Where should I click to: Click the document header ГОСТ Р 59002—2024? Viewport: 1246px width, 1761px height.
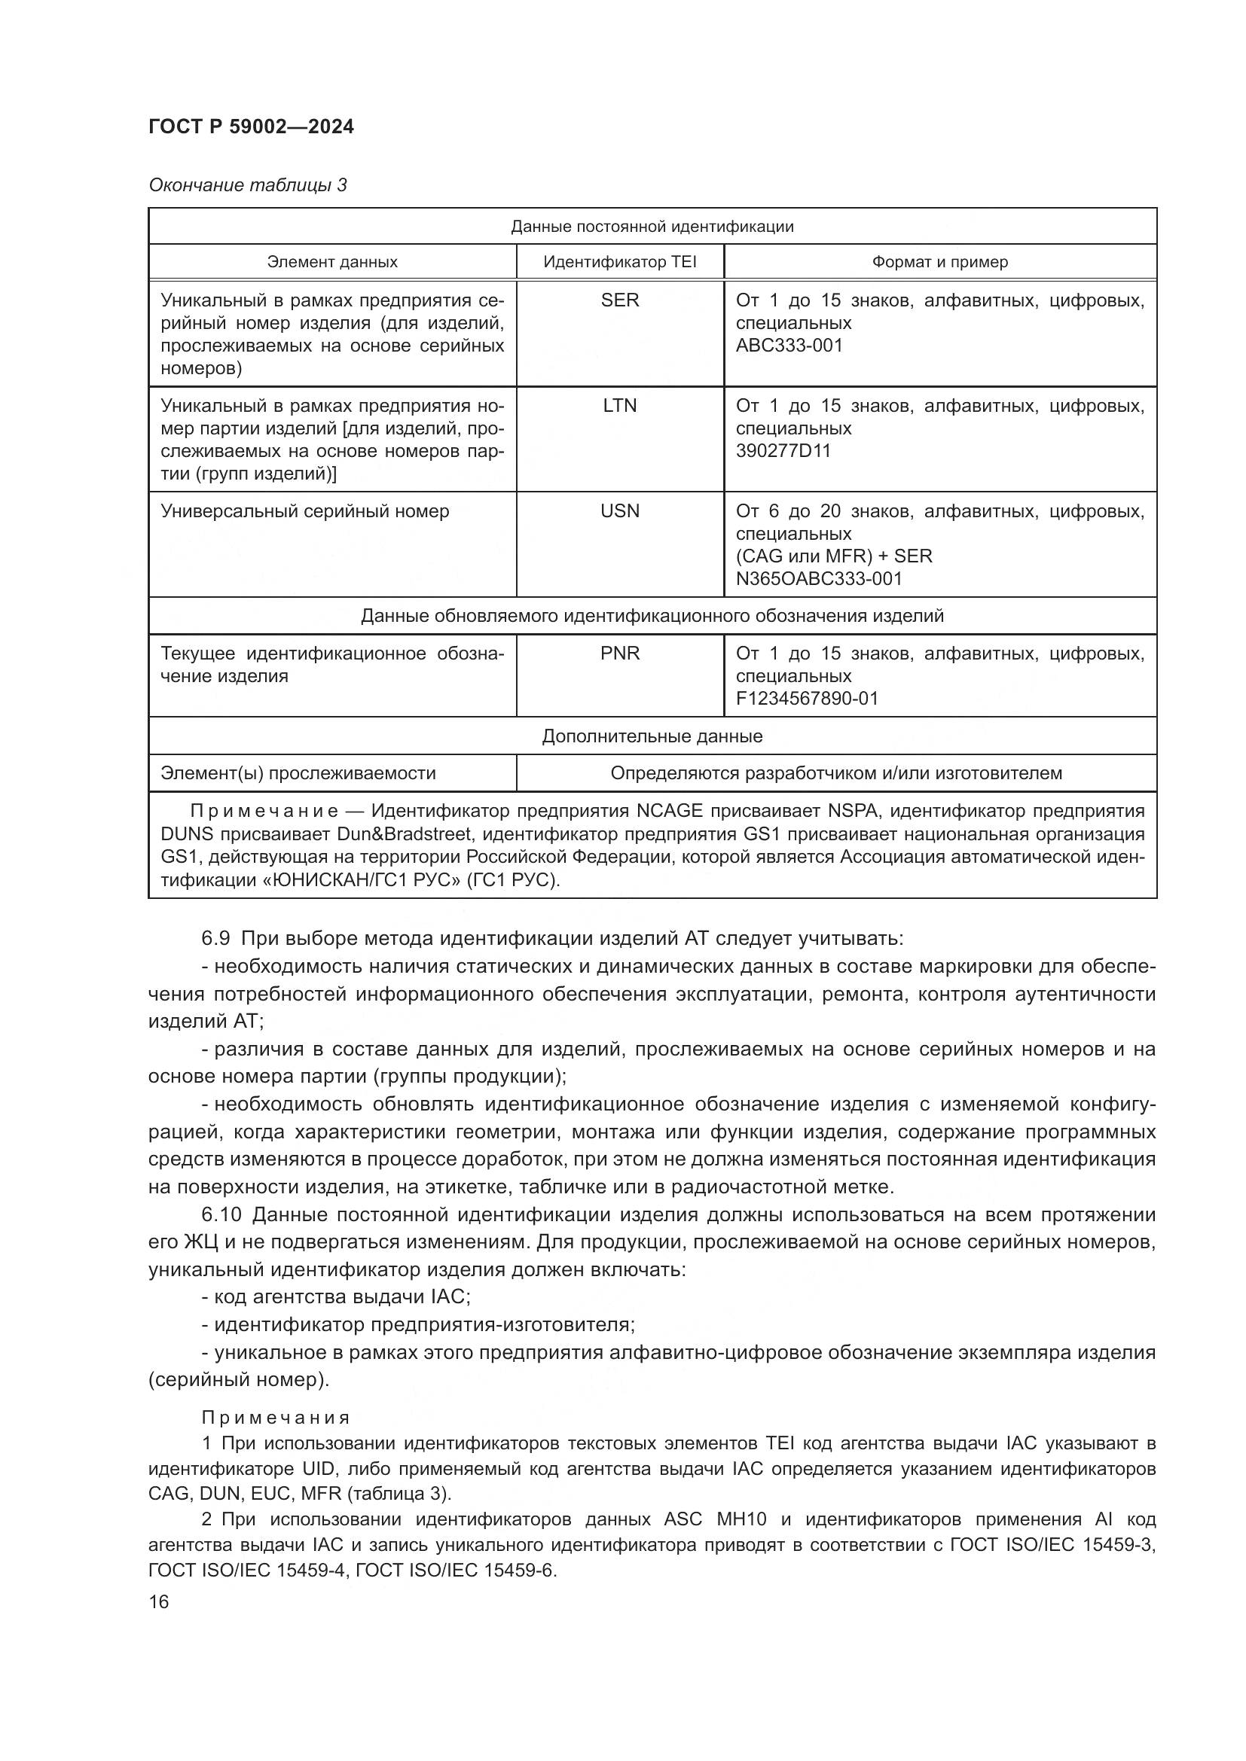251,126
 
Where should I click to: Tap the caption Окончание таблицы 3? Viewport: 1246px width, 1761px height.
247,185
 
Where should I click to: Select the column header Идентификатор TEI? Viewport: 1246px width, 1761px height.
619,261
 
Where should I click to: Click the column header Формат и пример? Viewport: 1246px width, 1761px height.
939,261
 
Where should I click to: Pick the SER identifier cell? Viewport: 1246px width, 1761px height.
619,300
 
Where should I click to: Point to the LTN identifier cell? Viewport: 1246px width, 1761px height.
619,405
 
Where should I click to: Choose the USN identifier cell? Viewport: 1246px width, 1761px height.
619,510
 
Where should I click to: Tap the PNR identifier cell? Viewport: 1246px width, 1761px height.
619,654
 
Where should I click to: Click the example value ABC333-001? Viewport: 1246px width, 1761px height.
789,345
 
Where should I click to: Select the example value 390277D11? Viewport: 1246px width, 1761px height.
783,450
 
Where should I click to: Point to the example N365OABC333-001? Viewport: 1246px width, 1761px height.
819,578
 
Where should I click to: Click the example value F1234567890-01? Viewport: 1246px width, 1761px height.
806,698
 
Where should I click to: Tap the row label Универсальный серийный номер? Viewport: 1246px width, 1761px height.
304,510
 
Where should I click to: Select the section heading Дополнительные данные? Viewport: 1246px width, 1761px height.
652,736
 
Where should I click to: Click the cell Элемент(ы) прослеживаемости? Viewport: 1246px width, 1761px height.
298,773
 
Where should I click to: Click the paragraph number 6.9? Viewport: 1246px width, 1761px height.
215,939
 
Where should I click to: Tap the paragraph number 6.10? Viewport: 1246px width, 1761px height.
221,1215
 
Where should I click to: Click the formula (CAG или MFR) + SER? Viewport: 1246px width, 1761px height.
833,556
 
